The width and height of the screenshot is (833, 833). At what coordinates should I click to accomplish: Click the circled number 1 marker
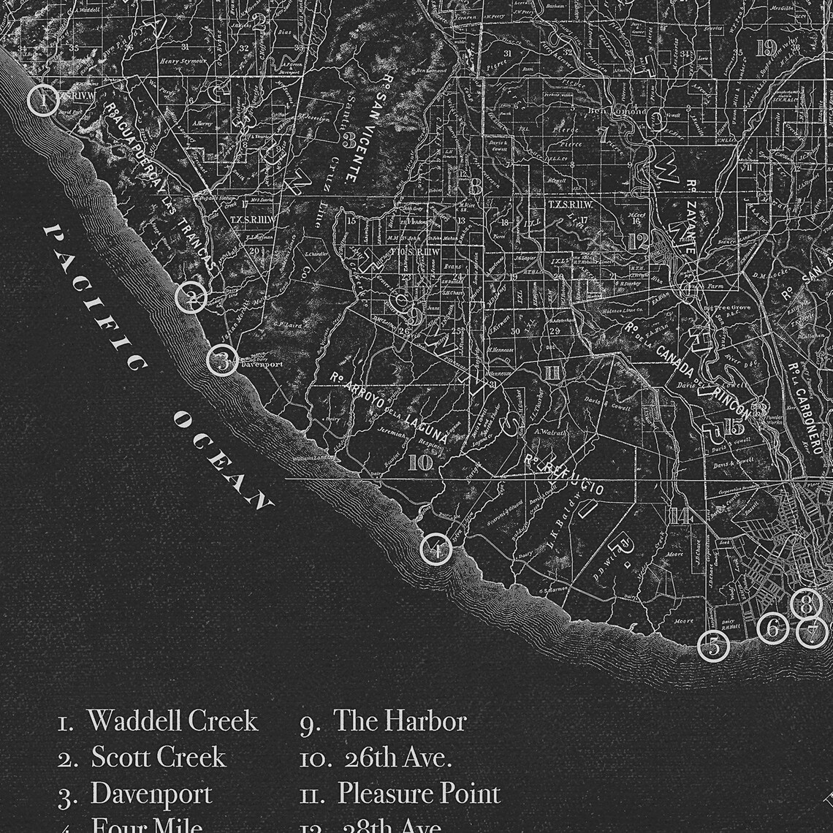click(43, 99)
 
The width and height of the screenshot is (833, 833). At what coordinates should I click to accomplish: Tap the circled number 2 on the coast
click(191, 297)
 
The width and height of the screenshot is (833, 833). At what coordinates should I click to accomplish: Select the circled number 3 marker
click(222, 360)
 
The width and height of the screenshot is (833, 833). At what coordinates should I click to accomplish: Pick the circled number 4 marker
click(435, 549)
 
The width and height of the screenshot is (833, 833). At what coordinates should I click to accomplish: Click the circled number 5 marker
click(713, 646)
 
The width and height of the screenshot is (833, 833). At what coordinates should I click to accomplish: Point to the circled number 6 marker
click(772, 628)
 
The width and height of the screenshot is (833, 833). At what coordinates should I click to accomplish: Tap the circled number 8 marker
click(806, 604)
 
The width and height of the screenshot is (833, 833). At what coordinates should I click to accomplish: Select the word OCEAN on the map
click(222, 460)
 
